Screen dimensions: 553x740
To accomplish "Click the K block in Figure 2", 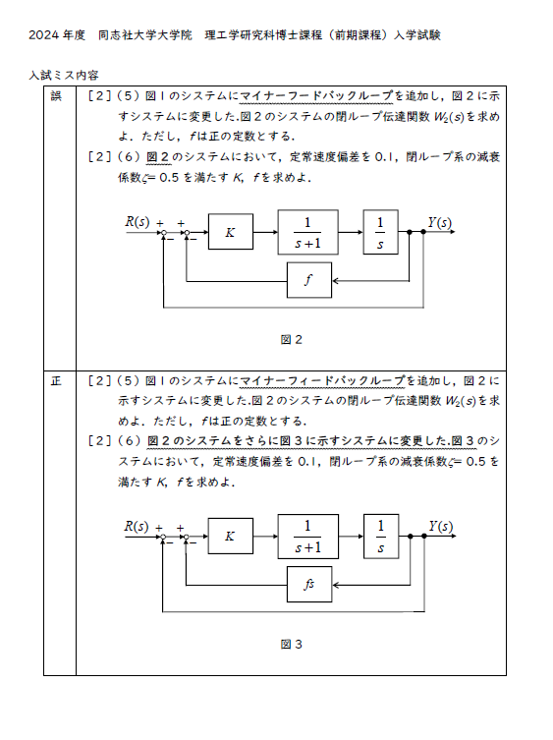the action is pos(230,232).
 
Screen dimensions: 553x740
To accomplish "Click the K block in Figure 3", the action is pos(230,537).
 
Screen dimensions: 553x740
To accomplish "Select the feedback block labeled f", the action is pos(309,280).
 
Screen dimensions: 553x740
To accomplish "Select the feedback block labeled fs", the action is pos(309,585).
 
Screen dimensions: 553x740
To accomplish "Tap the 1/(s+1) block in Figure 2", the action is pos(307,232).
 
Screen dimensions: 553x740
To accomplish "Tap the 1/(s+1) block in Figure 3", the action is pos(307,537).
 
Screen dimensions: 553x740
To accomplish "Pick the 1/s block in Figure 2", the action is pos(380,232).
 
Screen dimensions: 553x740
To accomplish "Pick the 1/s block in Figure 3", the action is pos(381,537).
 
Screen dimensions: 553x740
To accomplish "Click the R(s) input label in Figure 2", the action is pos(137,221).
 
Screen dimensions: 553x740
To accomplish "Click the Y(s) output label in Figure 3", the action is pos(440,526).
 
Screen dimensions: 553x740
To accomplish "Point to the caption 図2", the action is pos(291,339).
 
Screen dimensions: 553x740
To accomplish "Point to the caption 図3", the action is pos(291,644).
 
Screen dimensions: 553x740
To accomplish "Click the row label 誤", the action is pos(56,96).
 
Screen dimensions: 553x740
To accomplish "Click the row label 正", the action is pos(56,381).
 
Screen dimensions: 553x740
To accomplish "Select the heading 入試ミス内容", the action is pos(64,75).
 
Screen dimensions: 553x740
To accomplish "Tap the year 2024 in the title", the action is pos(43,35).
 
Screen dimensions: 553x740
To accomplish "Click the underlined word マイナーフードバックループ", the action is pos(316,96).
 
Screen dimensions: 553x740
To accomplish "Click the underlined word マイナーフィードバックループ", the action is pos(322,381).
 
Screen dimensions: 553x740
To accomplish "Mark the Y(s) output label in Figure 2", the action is pos(440,222).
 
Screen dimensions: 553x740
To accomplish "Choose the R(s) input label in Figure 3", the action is pos(137,526).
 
